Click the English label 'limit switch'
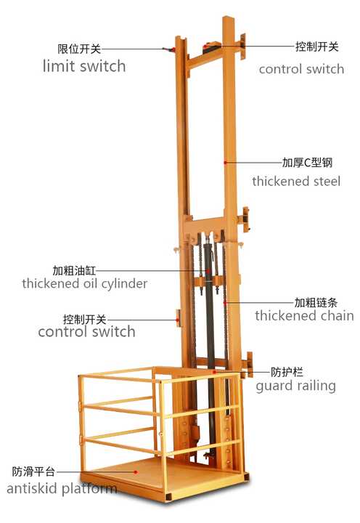84,66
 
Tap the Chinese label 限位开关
79,49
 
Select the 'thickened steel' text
296,182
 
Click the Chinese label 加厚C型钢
307,163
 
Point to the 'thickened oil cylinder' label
85,284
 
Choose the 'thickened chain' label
304,315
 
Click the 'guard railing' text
295,386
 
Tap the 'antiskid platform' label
62,489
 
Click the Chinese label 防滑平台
33,471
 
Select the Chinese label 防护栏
287,372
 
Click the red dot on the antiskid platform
136,472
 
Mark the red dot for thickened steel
225,163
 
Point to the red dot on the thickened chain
225,303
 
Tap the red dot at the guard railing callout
215,372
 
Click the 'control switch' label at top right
301,69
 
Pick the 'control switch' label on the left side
86,332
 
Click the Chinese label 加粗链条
316,302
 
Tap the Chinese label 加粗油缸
74,270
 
